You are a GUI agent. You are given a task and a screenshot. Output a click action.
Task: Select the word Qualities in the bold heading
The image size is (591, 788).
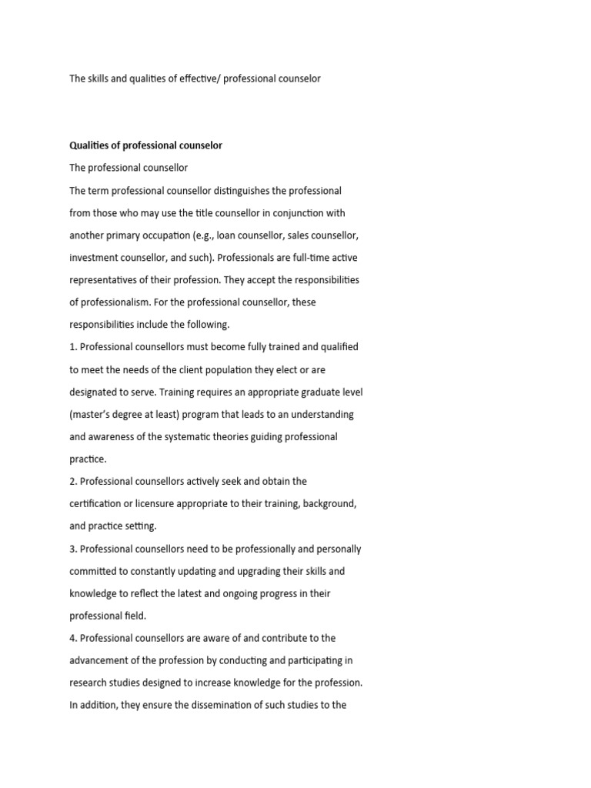tap(90, 145)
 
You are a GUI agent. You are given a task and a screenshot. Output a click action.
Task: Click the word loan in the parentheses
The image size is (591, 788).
tap(228, 235)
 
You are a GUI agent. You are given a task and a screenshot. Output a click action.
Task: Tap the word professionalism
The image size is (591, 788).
tap(116, 302)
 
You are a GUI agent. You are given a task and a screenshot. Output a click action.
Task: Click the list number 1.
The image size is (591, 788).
tap(72, 347)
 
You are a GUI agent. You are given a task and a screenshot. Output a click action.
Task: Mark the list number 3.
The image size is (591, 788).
tap(72, 549)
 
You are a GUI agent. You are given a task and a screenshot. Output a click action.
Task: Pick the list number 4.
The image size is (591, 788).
tap(72, 638)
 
